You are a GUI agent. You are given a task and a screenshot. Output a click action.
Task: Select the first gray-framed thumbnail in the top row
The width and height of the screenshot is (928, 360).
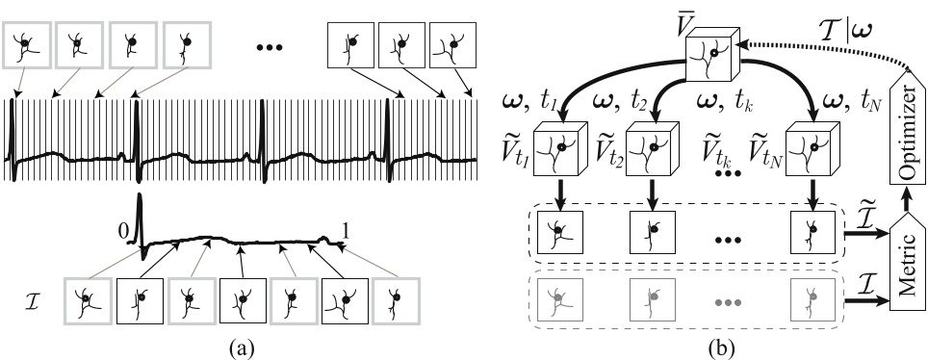click(x=25, y=43)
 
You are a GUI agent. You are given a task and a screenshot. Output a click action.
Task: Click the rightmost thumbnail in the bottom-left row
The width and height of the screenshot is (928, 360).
click(x=395, y=297)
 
